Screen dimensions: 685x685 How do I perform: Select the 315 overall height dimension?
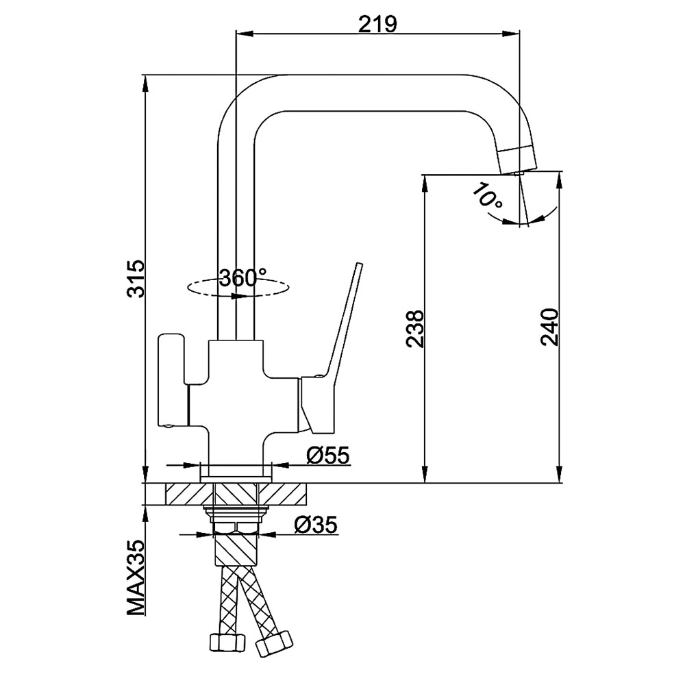pyautogui.click(x=136, y=278)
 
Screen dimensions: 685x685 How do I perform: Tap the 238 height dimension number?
pyautogui.click(x=414, y=329)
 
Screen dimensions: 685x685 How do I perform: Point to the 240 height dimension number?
pyautogui.click(x=549, y=327)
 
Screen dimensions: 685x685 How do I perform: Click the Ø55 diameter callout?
pyautogui.click(x=328, y=456)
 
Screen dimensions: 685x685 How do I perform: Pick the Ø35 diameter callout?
pyautogui.click(x=316, y=524)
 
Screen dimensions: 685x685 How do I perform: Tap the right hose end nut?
pyautogui.click(x=274, y=643)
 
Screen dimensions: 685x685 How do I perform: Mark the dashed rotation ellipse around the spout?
pyautogui.click(x=238, y=288)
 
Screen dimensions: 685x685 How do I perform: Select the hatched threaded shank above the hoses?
pyautogui.click(x=236, y=551)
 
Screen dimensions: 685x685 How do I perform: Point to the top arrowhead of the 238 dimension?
pyautogui.click(x=424, y=184)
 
